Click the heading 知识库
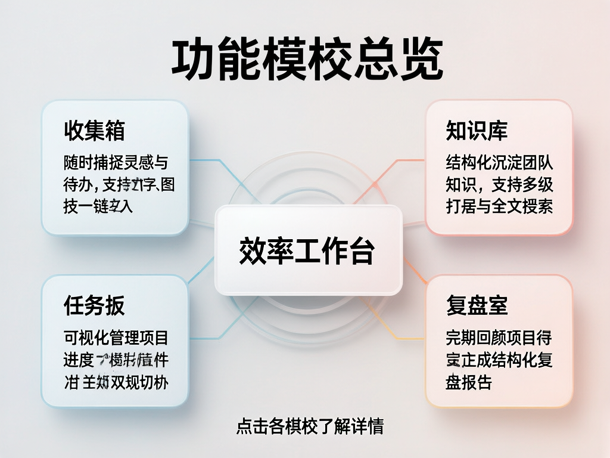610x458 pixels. point(477,131)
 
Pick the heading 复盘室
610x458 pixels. point(477,306)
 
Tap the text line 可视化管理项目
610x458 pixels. point(116,338)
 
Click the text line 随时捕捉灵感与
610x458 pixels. point(116,162)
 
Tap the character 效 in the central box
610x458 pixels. point(253,250)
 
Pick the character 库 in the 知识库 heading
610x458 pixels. point(497,131)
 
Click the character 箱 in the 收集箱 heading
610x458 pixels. point(114,131)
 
